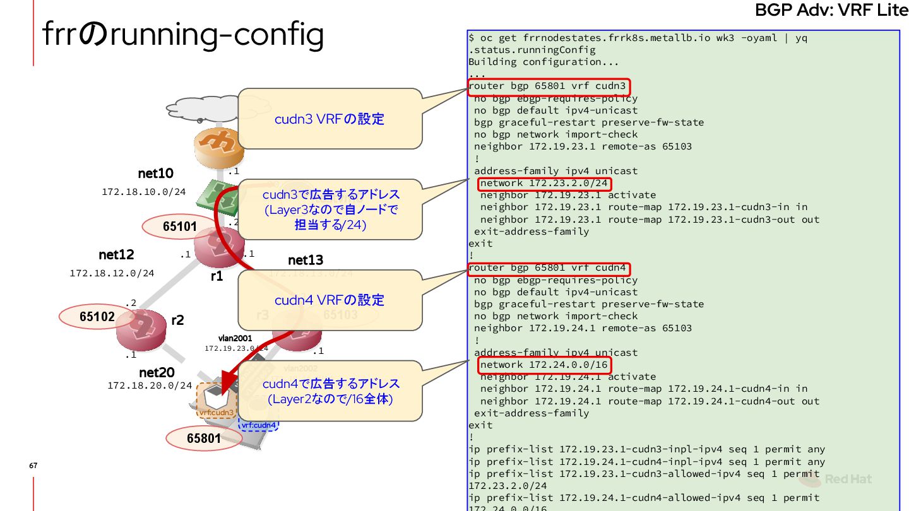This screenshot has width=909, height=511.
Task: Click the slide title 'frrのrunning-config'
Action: pyautogui.click(x=183, y=35)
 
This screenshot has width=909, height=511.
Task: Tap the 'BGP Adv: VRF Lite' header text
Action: pyautogui.click(x=831, y=11)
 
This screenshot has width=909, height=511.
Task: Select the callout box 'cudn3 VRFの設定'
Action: pyautogui.click(x=330, y=119)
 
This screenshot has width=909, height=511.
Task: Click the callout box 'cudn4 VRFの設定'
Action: pyautogui.click(x=330, y=300)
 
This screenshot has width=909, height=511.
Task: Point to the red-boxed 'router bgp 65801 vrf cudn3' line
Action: pyautogui.click(x=548, y=86)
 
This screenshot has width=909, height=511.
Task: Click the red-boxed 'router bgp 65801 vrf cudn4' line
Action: pyautogui.click(x=548, y=268)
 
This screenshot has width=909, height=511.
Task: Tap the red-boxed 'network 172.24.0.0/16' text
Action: pyautogui.click(x=544, y=365)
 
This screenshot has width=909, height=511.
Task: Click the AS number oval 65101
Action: pyautogui.click(x=180, y=226)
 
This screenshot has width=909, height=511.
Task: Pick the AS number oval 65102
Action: pyautogui.click(x=97, y=317)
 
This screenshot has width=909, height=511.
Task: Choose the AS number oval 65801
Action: pyautogui.click(x=204, y=438)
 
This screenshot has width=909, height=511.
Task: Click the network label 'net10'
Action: pyautogui.click(x=155, y=173)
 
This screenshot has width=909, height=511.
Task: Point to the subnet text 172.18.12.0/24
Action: pyautogui.click(x=112, y=274)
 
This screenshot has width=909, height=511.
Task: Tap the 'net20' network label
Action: pyautogui.click(x=157, y=373)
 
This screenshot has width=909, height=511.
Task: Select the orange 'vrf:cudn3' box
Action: pyautogui.click(x=216, y=401)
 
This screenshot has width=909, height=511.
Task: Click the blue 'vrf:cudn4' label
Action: pyautogui.click(x=259, y=425)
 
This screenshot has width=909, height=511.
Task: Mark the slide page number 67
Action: pyautogui.click(x=33, y=466)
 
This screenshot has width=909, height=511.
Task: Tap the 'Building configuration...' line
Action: pyautogui.click(x=544, y=62)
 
